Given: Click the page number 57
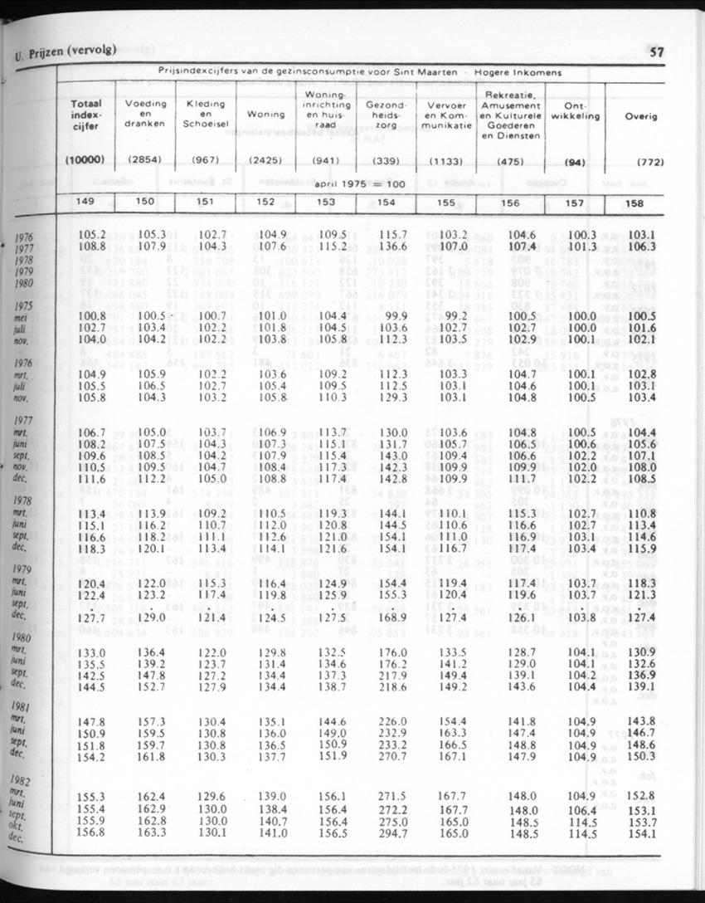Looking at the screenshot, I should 657,52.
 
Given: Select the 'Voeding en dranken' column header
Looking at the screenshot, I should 145,113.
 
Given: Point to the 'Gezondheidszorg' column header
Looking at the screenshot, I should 386,113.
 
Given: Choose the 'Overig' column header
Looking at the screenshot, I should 640,116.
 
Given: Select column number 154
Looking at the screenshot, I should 386,202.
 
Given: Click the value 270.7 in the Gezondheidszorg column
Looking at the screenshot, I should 387,757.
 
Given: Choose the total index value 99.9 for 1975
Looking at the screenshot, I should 387,316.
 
